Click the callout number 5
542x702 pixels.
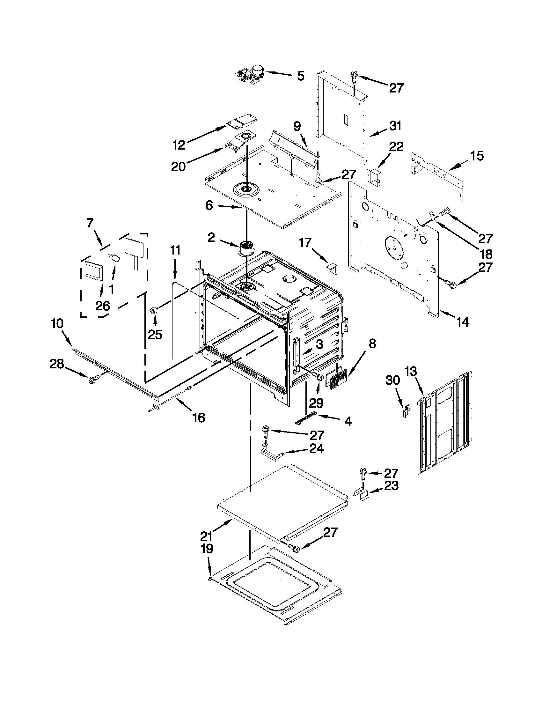tap(300, 77)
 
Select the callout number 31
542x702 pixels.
tap(395, 126)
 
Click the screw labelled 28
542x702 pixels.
tap(93, 380)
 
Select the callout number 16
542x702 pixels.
tap(199, 418)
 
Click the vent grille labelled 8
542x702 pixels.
tap(337, 379)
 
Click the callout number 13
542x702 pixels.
tap(410, 372)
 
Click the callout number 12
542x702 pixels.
tap(179, 145)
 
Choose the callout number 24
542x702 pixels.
tap(316, 448)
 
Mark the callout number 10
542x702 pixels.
tap(57, 323)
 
